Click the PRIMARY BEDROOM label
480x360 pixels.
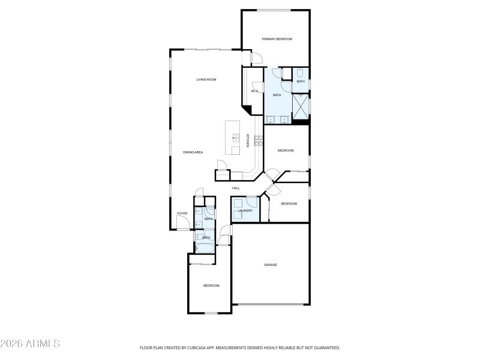point(277,39)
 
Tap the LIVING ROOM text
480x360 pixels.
point(206,80)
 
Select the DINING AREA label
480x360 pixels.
point(193,152)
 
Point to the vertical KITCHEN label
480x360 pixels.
point(247,140)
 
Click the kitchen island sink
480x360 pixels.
point(235,139)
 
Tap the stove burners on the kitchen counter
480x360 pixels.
point(258,140)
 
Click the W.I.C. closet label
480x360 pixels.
point(254,91)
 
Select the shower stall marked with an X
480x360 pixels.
point(300,107)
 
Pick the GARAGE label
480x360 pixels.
point(271,265)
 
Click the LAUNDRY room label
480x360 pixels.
point(245,211)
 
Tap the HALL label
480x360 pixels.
point(236,188)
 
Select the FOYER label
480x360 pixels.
point(182,214)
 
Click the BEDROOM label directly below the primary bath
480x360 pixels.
point(286,151)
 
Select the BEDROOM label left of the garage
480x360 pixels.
point(211,286)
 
